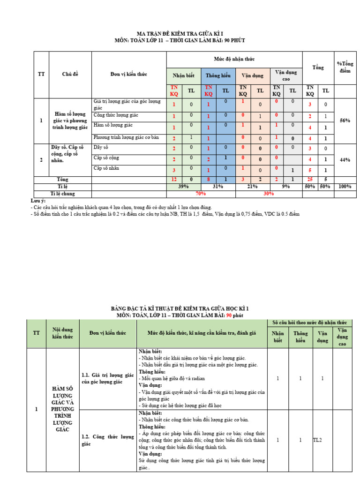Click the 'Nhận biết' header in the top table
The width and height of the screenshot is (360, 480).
click(183, 76)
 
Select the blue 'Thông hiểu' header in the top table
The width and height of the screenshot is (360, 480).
click(218, 76)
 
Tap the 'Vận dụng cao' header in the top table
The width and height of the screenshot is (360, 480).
click(285, 75)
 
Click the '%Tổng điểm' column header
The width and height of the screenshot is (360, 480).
click(345, 67)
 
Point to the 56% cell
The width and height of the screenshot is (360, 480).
click(345, 120)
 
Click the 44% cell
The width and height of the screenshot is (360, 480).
click(345, 160)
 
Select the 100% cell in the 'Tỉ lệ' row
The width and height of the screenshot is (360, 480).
click(345, 187)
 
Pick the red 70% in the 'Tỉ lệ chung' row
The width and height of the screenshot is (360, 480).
click(201, 193)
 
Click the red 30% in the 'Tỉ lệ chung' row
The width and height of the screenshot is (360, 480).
click(269, 193)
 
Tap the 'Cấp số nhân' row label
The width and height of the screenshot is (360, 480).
click(105, 168)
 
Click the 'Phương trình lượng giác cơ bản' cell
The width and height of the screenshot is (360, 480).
click(123, 137)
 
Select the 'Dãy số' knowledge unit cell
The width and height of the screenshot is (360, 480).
click(100, 147)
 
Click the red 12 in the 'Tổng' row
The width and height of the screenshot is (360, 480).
click(173, 180)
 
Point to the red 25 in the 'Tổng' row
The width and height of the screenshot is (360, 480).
click(310, 180)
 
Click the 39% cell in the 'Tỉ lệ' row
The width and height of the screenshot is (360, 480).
click(184, 187)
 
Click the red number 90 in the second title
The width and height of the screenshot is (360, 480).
click(230, 315)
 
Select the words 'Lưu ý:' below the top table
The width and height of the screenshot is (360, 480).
click(37, 201)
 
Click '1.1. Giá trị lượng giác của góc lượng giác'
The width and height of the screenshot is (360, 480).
click(108, 378)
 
